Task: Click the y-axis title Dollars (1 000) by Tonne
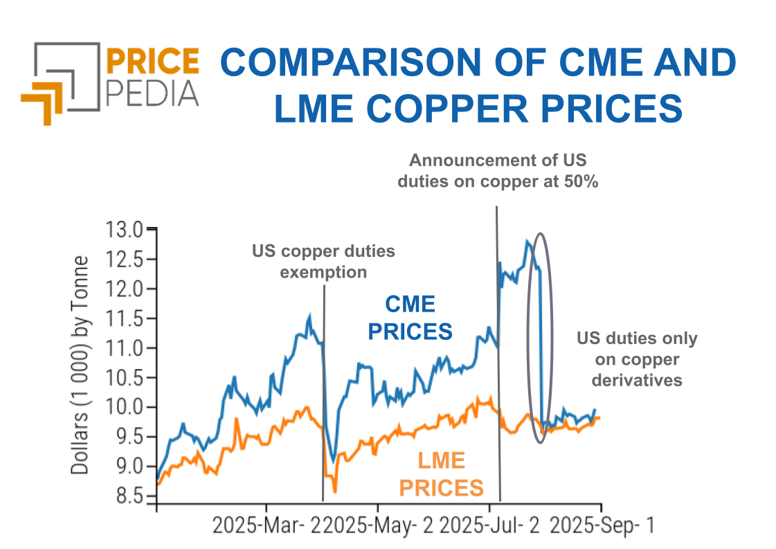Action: click(81, 365)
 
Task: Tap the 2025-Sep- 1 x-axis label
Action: click(601, 525)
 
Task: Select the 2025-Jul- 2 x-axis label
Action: click(490, 525)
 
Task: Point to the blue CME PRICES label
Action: click(410, 318)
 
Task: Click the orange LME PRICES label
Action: click(441, 474)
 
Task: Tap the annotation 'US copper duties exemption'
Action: click(323, 261)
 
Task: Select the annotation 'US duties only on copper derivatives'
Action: click(638, 359)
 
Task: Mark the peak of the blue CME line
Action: click(527, 242)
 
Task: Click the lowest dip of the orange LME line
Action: click(335, 492)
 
